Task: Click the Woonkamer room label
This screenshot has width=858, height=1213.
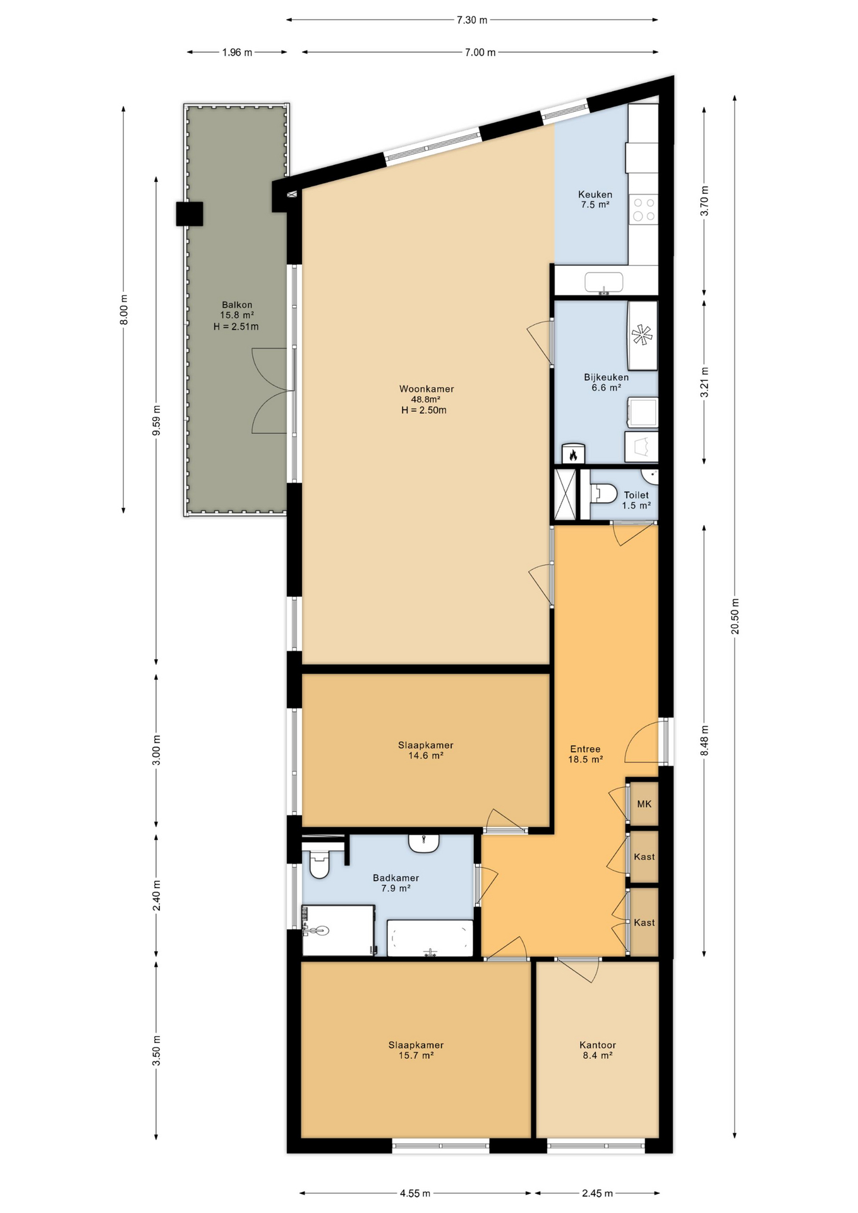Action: pos(426,399)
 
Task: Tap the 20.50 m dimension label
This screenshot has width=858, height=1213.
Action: pos(735,615)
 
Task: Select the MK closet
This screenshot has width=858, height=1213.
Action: pos(644,804)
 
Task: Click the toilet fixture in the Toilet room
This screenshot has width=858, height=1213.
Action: pos(605,493)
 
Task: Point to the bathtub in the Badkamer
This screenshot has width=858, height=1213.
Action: pos(430,939)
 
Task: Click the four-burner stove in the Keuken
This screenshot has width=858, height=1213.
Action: pos(643,209)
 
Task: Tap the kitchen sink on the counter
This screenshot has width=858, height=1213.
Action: pos(603,281)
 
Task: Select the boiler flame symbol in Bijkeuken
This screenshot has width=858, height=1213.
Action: pos(573,454)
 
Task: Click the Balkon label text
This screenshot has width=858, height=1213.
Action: pos(236,315)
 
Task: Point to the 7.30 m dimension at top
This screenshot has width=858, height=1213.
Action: pos(472,20)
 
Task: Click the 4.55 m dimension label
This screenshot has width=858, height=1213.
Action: pos(414,1193)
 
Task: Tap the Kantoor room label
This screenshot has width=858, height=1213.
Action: pos(597,1050)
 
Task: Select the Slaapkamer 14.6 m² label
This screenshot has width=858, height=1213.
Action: pos(425,750)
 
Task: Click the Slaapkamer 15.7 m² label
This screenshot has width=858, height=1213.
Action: pos(415,1050)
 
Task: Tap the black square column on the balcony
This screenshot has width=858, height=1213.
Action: pos(190,214)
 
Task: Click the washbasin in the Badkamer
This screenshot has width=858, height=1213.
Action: pos(424,843)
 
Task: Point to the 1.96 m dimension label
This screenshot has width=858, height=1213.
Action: pos(237,52)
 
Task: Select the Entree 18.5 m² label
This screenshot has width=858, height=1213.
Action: pos(585,754)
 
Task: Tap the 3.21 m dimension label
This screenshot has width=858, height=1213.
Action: pos(705,382)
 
